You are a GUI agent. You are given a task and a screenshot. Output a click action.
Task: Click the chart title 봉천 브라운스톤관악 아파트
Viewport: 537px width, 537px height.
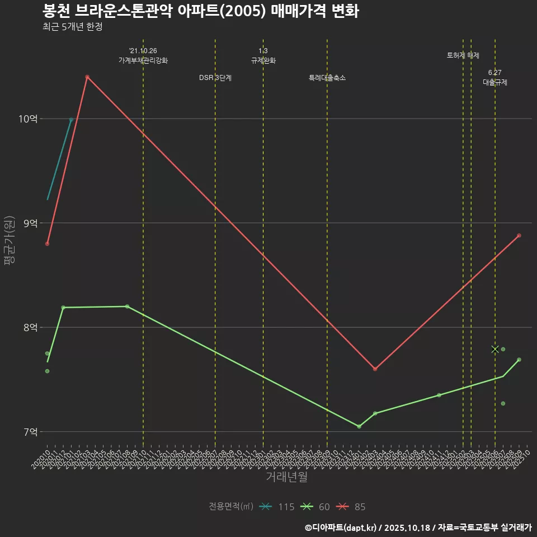click(x=200, y=11)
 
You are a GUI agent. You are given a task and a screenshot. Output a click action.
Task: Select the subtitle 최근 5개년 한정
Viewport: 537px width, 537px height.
click(x=72, y=27)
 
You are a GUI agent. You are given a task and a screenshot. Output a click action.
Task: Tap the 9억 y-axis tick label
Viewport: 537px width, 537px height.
click(x=30, y=223)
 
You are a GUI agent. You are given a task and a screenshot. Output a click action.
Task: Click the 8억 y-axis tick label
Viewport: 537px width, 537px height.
click(x=30, y=327)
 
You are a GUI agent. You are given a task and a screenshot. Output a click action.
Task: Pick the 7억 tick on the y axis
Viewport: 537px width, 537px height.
click(x=30, y=432)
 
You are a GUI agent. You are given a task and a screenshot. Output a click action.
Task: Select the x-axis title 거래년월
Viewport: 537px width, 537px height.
click(x=286, y=477)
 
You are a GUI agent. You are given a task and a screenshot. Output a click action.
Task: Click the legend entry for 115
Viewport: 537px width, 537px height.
click(x=279, y=507)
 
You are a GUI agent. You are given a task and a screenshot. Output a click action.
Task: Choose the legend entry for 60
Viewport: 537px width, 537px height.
click(x=316, y=507)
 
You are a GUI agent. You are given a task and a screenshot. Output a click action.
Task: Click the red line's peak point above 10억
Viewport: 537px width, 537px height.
click(x=87, y=77)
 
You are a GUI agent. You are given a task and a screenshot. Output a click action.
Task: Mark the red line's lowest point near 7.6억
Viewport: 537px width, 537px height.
click(x=375, y=369)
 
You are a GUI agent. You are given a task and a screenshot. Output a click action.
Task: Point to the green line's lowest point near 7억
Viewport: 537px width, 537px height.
click(x=359, y=426)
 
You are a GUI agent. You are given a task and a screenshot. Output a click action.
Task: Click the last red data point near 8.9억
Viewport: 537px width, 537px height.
click(x=519, y=235)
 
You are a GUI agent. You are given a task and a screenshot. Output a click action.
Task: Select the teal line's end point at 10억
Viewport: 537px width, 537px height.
click(x=71, y=120)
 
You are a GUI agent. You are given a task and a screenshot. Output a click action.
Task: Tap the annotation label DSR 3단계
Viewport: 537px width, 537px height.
click(x=215, y=78)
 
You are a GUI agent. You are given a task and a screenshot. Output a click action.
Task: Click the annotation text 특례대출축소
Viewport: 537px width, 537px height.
click(x=327, y=78)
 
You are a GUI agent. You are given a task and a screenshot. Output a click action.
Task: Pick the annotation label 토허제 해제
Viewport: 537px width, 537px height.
click(x=463, y=55)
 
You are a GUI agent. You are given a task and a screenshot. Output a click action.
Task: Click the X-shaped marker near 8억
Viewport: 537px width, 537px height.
click(x=495, y=349)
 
